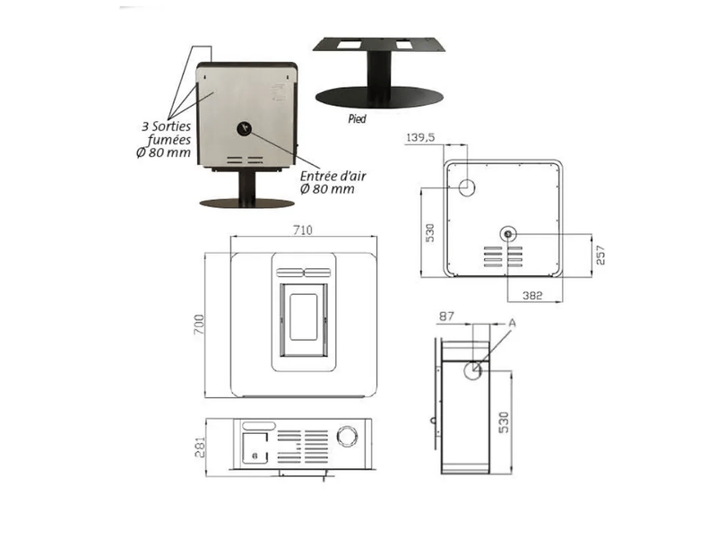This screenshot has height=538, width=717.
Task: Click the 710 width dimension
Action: pyautogui.click(x=303, y=230)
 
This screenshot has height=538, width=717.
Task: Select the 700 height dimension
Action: pyautogui.click(x=199, y=324)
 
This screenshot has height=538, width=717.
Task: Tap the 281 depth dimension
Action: pyautogui.click(x=200, y=447)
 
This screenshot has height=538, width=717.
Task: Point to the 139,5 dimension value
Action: pyautogui.click(x=420, y=137)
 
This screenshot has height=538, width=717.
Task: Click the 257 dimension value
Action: pyautogui.click(x=600, y=256)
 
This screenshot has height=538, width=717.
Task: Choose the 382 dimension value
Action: pyautogui.click(x=532, y=296)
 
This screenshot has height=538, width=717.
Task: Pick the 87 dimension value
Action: pyautogui.click(x=446, y=317)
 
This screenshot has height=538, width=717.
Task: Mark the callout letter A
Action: pyautogui.click(x=512, y=323)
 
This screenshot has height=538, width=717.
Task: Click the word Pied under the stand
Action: pyautogui.click(x=357, y=119)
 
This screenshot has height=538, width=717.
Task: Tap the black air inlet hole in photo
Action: pyautogui.click(x=245, y=128)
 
